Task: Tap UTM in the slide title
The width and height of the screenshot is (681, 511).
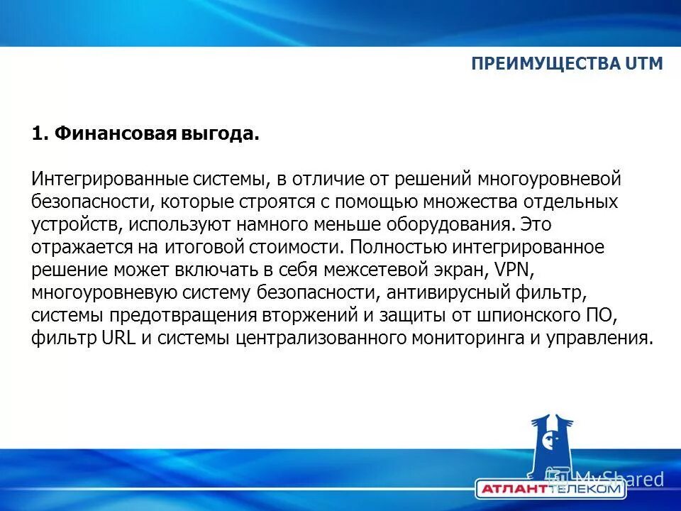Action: (x=644, y=64)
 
